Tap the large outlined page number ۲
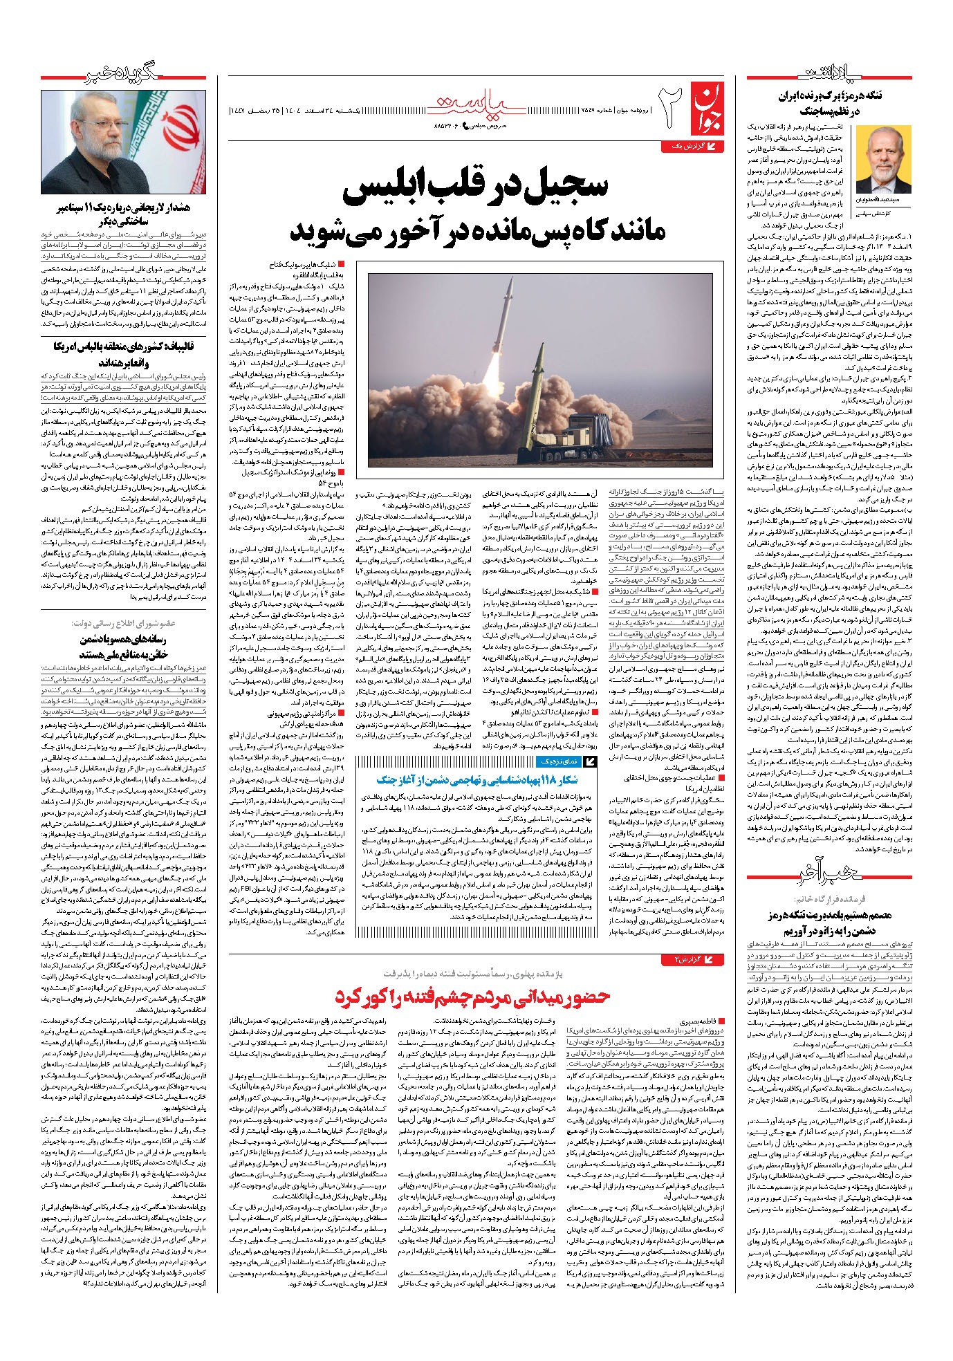coord(670,107)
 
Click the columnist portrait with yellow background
coord(883,160)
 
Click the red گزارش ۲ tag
coord(694,959)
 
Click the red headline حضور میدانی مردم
coord(472,996)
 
